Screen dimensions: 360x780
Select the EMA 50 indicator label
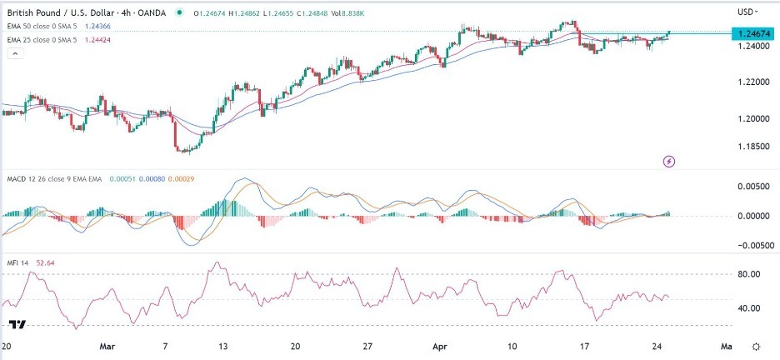(42, 25)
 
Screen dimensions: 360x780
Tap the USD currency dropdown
(747, 12)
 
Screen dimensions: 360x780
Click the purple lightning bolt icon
(668, 160)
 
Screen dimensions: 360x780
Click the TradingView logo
(16, 323)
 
